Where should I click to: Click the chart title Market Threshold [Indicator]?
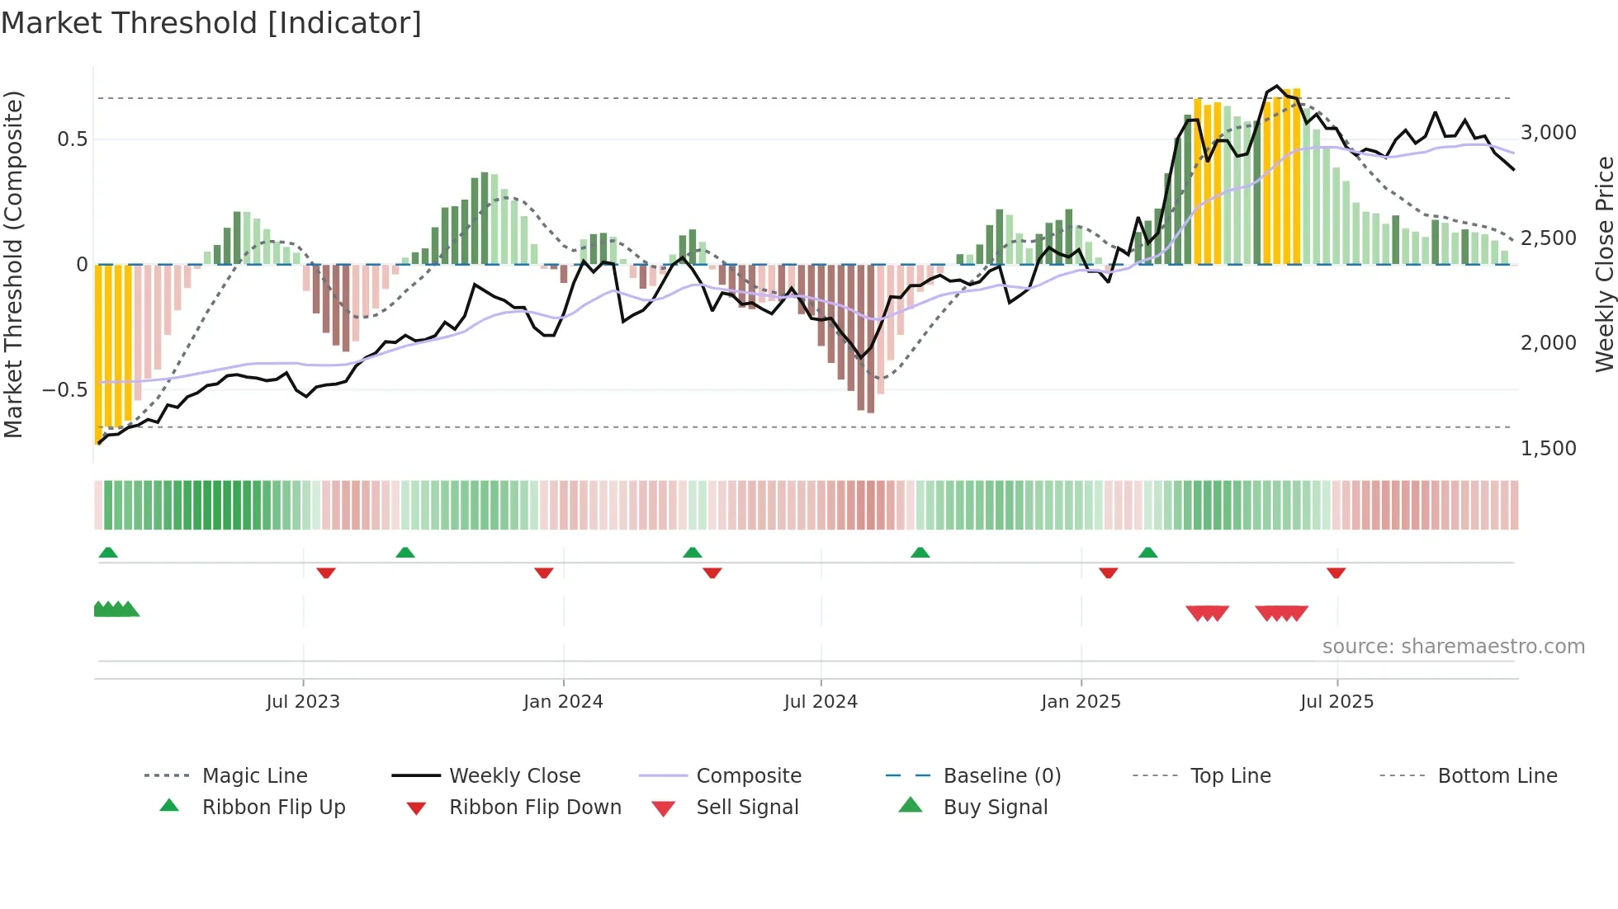211,23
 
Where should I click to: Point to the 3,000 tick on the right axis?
1548,133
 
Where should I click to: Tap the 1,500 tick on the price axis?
1548,449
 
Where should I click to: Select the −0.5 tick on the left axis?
64,390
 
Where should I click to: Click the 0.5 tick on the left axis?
72,139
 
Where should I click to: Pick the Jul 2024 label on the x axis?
821,702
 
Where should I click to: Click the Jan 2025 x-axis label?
1081,702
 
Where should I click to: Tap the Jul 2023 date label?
303,702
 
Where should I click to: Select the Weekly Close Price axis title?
1604,264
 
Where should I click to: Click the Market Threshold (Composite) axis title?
13,264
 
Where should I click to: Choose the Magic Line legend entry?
254,776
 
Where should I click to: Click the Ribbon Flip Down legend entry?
535,808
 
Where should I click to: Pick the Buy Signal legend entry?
995,808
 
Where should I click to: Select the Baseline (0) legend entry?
1001,776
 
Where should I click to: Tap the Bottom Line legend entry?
1497,776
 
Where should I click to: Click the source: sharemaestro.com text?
1453,647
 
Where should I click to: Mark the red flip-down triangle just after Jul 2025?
1337,572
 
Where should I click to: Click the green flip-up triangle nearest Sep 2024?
920,553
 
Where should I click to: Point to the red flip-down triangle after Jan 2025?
1109,572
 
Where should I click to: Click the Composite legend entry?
748,776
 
